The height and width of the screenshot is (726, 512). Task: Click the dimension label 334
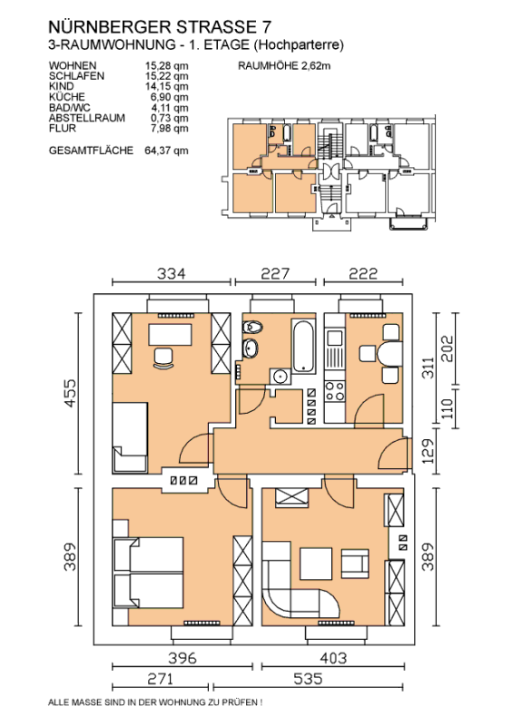pyautogui.click(x=171, y=274)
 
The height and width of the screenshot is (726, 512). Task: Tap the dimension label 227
pyautogui.click(x=275, y=274)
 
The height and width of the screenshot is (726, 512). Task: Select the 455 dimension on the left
pyautogui.click(x=70, y=393)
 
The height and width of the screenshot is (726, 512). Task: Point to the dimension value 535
pyautogui.click(x=308, y=679)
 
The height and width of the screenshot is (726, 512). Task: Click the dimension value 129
pyautogui.click(x=428, y=451)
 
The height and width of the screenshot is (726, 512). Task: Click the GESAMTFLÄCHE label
pyautogui.click(x=91, y=151)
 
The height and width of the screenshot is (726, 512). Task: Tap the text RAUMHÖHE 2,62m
pyautogui.click(x=284, y=65)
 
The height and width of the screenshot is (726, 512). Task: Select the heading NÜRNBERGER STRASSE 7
pyautogui.click(x=160, y=27)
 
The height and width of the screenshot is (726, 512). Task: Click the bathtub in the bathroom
pyautogui.click(x=303, y=346)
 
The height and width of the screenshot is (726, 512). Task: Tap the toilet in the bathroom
pyautogui.click(x=252, y=328)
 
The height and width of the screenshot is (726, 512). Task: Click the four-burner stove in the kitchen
pyautogui.click(x=335, y=391)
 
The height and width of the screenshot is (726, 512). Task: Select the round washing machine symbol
pyautogui.click(x=281, y=377)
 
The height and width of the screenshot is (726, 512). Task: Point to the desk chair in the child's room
pyautogui.click(x=163, y=358)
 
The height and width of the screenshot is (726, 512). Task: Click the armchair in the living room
pyautogui.click(x=355, y=564)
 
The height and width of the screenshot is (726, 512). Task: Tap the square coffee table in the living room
pyautogui.click(x=316, y=564)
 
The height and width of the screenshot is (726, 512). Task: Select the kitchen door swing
pyautogui.click(x=369, y=411)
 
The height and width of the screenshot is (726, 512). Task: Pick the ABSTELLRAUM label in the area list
pyautogui.click(x=86, y=118)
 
